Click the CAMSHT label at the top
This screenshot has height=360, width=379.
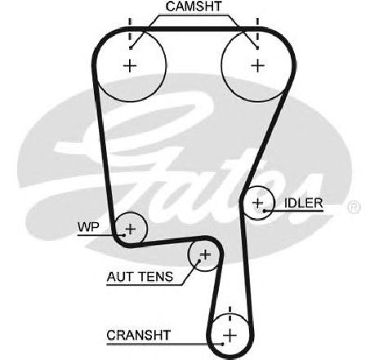(x=194, y=7)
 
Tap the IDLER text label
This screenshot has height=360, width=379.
(x=304, y=203)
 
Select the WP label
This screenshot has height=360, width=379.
(x=88, y=227)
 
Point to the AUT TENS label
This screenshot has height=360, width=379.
(x=140, y=277)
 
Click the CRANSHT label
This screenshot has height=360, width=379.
(x=138, y=336)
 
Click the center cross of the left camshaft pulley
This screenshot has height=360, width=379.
(x=130, y=66)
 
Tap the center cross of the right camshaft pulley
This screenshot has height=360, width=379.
(x=257, y=66)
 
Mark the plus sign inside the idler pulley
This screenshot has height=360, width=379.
(x=258, y=203)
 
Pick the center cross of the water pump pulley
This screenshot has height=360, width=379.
(x=131, y=229)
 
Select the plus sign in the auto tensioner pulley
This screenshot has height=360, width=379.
(x=205, y=255)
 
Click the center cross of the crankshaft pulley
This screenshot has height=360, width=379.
(x=230, y=336)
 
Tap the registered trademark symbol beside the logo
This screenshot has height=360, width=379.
(x=354, y=207)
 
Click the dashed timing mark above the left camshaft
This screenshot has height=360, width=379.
(x=130, y=29)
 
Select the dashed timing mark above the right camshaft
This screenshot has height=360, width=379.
(x=257, y=29)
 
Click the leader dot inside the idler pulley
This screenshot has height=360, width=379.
(x=264, y=211)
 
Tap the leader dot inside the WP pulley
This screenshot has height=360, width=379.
(x=124, y=235)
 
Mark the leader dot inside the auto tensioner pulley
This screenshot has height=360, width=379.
(x=199, y=260)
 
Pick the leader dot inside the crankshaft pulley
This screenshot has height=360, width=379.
(x=223, y=344)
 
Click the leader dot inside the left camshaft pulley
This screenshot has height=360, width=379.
(x=131, y=48)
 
